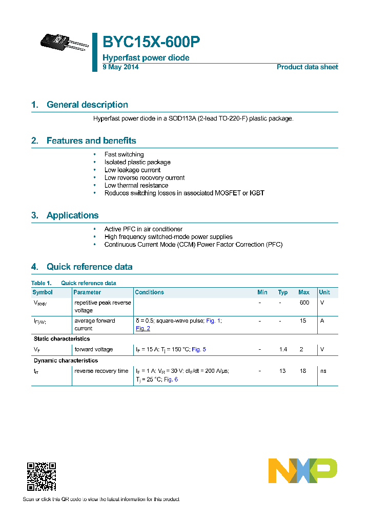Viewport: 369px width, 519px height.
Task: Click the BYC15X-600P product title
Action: tap(151, 42)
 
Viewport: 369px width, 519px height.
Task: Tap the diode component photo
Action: tap(60, 43)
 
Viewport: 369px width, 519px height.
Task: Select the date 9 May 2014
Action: tap(120, 67)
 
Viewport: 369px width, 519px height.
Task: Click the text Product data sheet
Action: tap(307, 67)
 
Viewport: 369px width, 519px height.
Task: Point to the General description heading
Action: tap(87, 105)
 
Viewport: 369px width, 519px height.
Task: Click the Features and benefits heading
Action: tap(91, 141)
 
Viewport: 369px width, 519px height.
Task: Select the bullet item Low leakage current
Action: tap(132, 170)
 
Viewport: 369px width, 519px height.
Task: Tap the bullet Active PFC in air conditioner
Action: tap(143, 229)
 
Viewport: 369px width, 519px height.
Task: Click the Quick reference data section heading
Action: tap(89, 267)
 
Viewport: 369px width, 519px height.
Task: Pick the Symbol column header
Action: tap(43, 292)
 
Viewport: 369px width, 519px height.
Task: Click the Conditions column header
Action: tap(149, 292)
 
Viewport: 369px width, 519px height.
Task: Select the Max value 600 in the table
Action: tap(304, 303)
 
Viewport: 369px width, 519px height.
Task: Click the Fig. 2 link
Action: tap(143, 328)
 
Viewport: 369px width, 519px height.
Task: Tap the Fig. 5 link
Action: tap(198, 349)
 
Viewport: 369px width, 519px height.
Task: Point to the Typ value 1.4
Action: tap(283, 349)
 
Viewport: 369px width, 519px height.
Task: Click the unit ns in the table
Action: tap(323, 371)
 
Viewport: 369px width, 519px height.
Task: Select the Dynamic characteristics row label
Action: tap(66, 361)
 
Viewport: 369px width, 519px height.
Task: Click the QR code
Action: tap(42, 477)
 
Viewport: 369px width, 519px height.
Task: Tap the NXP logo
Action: tap(302, 471)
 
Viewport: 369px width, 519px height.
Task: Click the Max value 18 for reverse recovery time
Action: tap(303, 371)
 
